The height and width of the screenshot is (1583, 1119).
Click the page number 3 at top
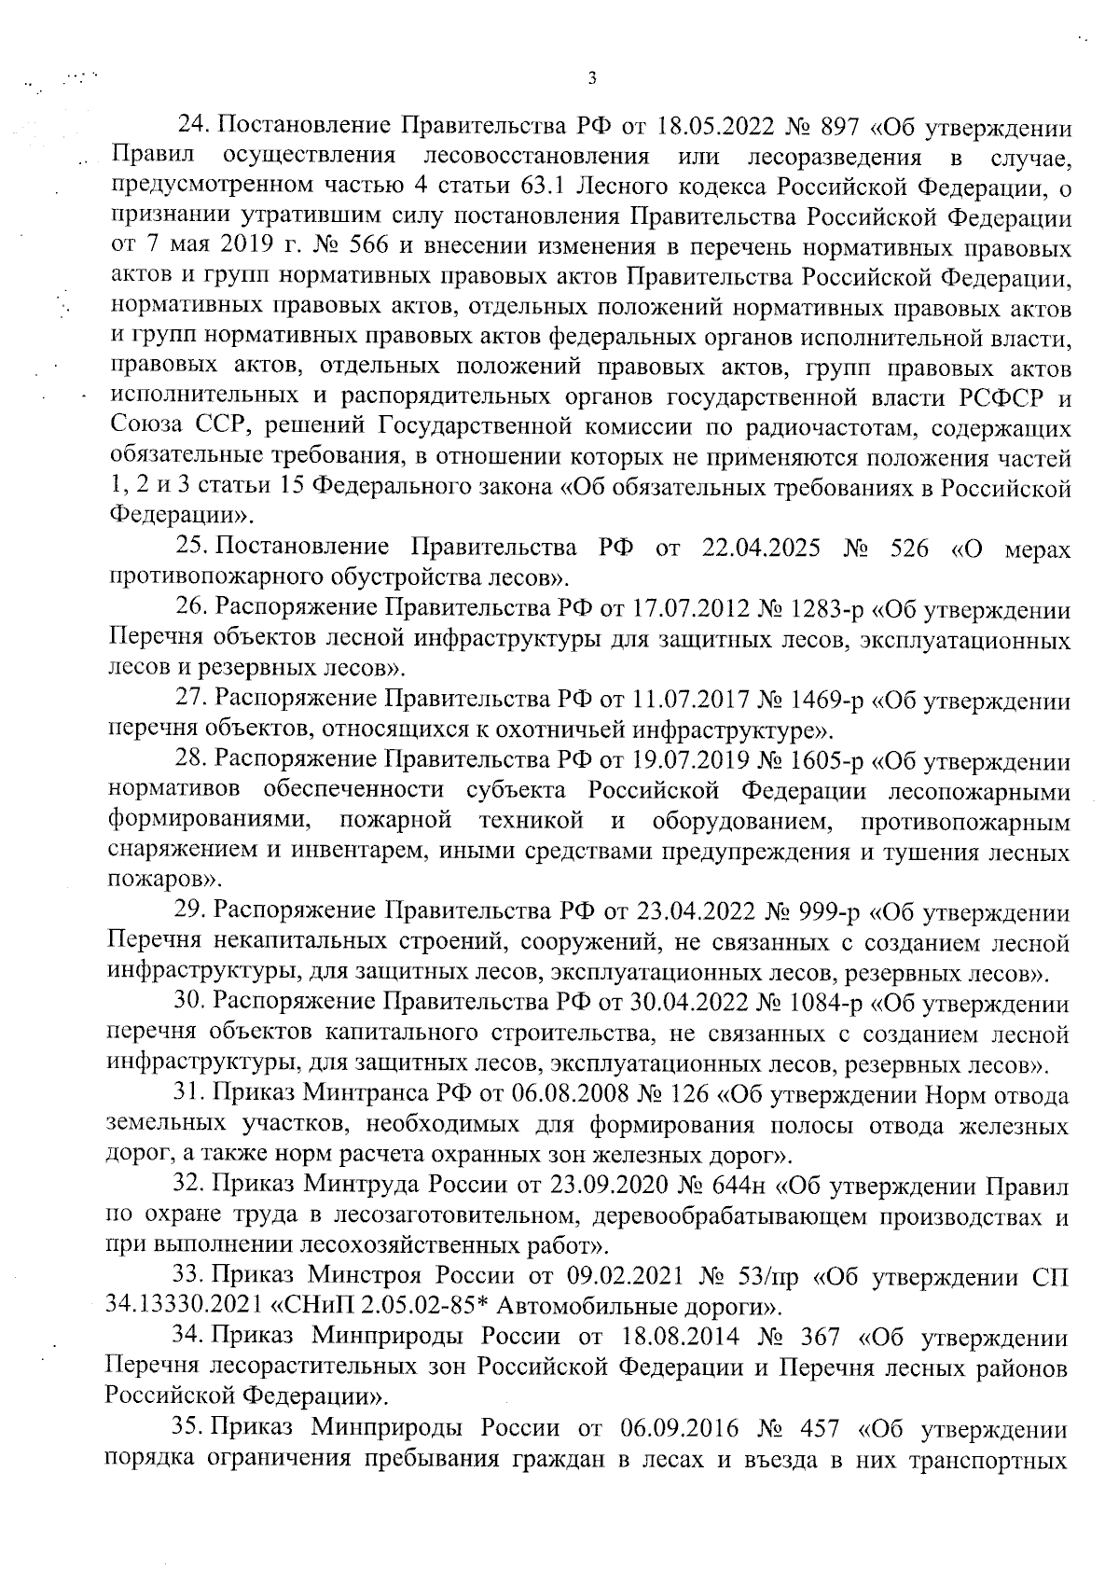click(x=592, y=78)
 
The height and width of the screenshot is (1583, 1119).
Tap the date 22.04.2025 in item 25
click(x=758, y=548)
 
